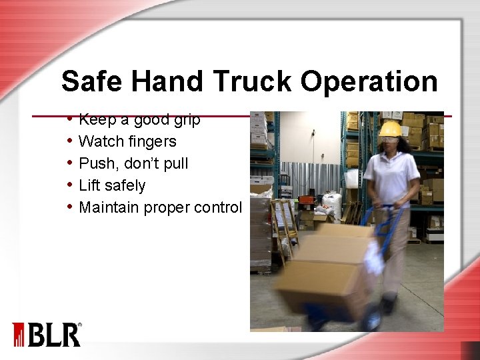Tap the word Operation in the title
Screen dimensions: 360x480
point(369,82)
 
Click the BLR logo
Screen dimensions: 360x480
point(47,334)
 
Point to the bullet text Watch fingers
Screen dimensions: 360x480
point(127,141)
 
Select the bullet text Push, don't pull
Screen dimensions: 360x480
point(133,163)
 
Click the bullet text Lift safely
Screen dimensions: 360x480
point(112,185)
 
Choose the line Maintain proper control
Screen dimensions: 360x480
point(160,207)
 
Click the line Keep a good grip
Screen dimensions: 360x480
point(139,120)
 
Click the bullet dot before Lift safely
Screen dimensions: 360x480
point(70,185)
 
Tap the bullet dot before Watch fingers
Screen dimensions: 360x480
point(70,141)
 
